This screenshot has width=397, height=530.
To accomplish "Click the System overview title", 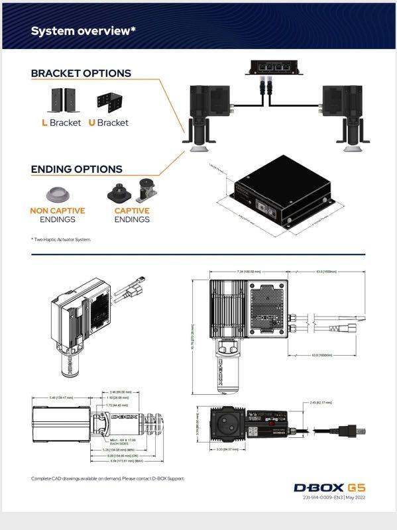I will [x=84, y=31].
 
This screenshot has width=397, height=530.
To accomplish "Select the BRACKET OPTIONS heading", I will [x=81, y=74].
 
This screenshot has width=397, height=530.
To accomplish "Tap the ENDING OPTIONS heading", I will [x=76, y=169].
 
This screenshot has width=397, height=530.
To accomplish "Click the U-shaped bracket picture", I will [x=111, y=101].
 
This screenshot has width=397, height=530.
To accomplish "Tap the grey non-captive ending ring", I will [x=58, y=194].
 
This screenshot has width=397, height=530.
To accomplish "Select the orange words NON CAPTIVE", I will [x=58, y=211].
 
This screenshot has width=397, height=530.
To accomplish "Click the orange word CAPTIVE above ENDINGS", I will [x=132, y=211].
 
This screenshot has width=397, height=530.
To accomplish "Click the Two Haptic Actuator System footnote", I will [x=61, y=239].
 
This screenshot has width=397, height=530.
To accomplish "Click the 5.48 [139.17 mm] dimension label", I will [x=60, y=397].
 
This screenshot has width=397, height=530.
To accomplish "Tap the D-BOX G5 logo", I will [x=329, y=488].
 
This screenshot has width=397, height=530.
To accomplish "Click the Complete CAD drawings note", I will [x=107, y=478].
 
